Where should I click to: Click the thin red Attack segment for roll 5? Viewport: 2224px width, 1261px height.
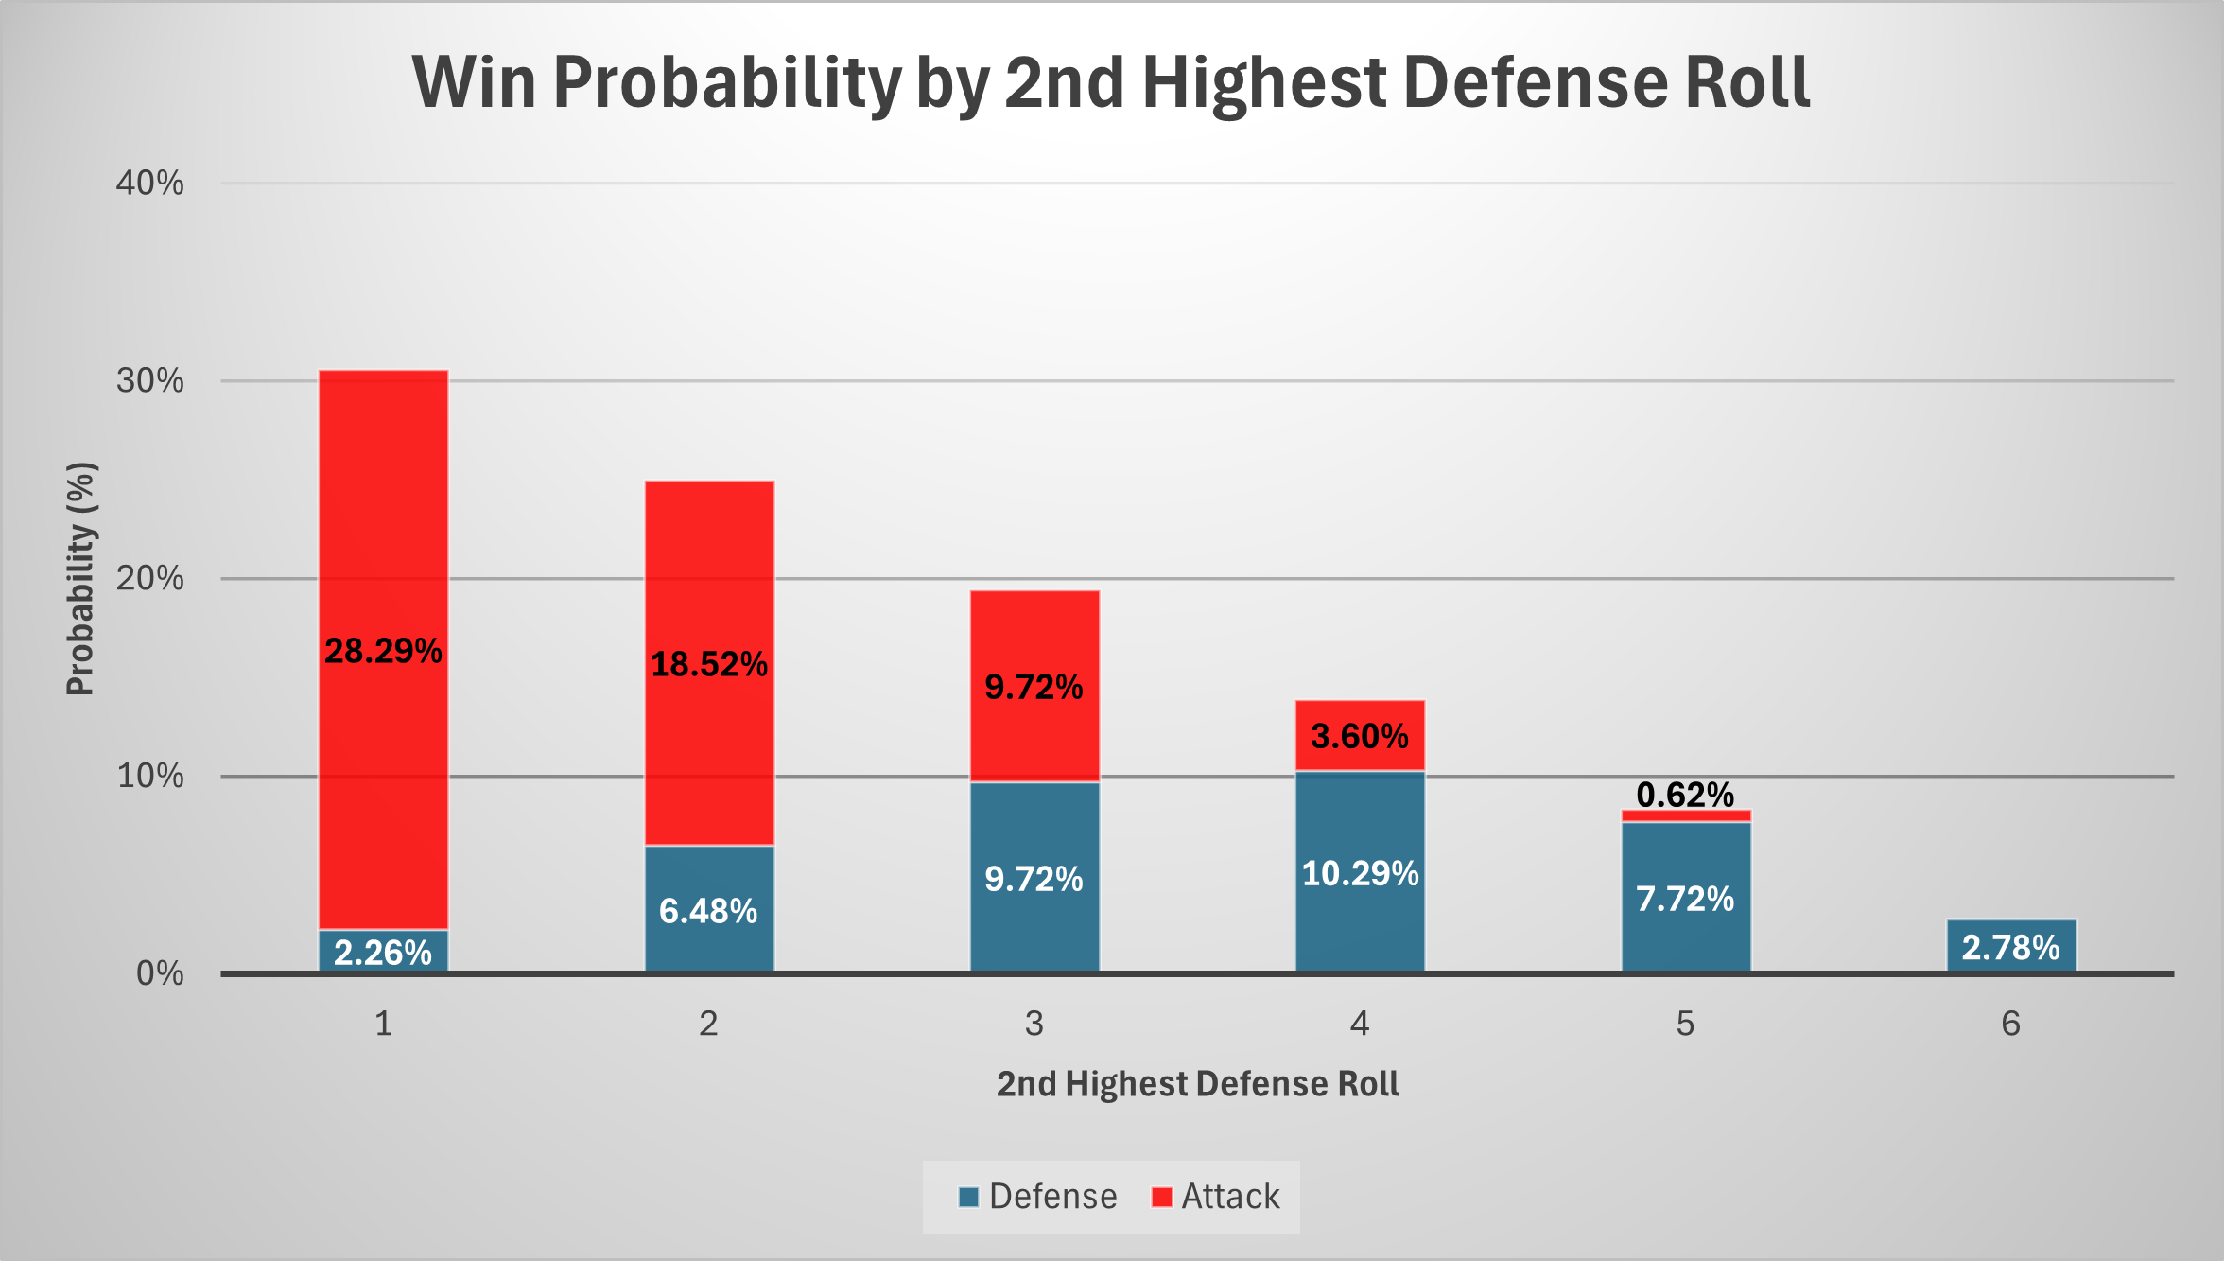click(x=1686, y=815)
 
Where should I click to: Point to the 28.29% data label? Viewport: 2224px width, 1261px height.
click(x=383, y=651)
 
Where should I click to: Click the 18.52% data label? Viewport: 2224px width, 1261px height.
click(x=709, y=664)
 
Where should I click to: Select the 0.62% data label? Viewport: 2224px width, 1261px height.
click(x=1685, y=795)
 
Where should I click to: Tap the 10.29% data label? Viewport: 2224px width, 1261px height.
click(x=1360, y=873)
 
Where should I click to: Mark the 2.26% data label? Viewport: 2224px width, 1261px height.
click(x=383, y=953)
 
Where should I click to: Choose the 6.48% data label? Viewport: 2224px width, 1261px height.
click(x=708, y=911)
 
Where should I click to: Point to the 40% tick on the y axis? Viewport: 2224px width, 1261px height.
click(x=150, y=183)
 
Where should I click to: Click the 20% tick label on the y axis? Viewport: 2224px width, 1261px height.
click(x=150, y=578)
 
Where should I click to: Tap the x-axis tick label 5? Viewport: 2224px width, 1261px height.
click(x=1685, y=1024)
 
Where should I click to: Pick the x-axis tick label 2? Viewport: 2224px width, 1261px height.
click(x=708, y=1024)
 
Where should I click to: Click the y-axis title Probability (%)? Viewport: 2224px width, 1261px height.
click(x=81, y=579)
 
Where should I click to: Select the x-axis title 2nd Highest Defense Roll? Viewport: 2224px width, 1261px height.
click(x=1197, y=1084)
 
